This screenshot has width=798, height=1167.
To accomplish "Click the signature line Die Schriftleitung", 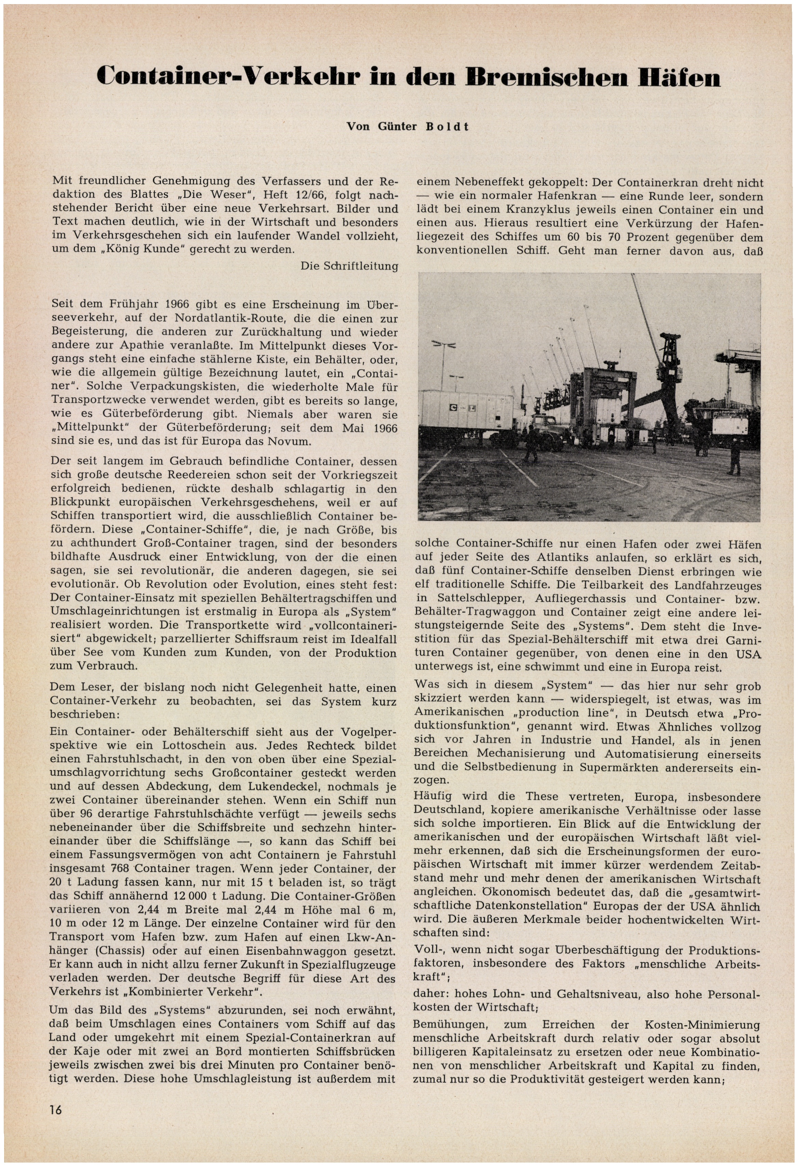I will (x=349, y=266).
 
